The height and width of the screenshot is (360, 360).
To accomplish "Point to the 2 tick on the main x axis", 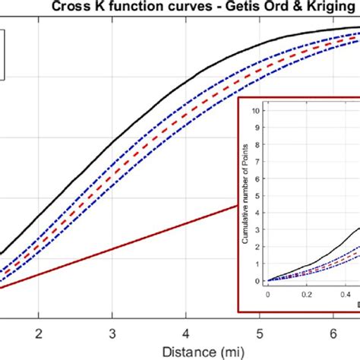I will pos(39,332).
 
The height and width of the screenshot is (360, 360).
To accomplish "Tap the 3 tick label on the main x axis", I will pos(112,332).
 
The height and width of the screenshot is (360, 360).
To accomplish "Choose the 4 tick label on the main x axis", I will pos(185,332).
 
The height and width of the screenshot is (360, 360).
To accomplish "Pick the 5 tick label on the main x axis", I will pos(259,332).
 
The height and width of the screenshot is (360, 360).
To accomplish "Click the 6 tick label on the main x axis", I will pos(333,332).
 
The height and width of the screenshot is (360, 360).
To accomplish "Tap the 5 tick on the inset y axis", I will pos(260,194).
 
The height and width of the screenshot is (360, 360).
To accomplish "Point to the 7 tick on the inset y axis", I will pos(260,161).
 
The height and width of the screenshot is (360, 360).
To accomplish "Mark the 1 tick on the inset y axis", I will pos(260,263).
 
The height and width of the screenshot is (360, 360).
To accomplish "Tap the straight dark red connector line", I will pos(114,245).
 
